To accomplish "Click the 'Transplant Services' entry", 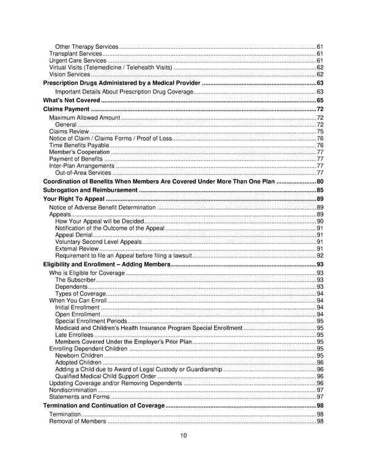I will pyautogui.click(x=76, y=54).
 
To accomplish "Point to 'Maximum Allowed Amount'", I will pyautogui.click(x=84, y=117).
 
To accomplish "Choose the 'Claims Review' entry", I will pyautogui.click(x=69, y=131).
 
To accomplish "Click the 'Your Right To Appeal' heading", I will pyautogui.click(x=74, y=199).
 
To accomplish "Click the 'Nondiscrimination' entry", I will pyautogui.click(x=73, y=390).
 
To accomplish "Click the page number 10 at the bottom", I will pyautogui.click(x=183, y=435).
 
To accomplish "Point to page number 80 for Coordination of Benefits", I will pyautogui.click(x=320, y=181).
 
